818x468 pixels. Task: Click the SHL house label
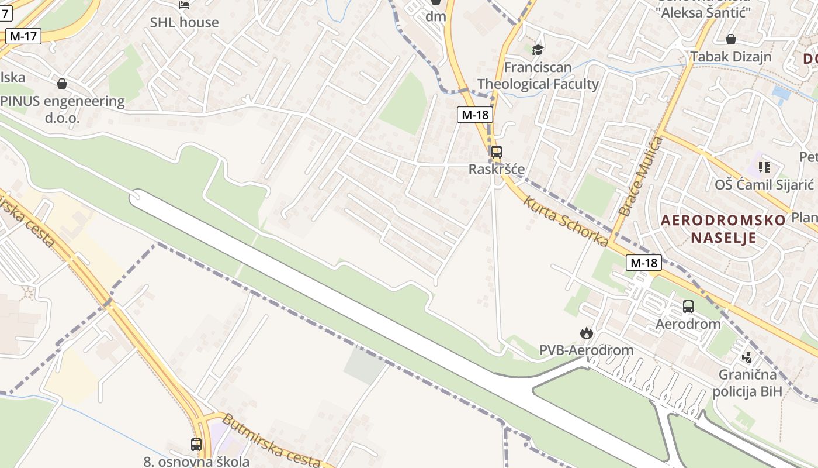coord(184,22)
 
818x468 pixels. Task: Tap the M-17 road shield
coord(23,36)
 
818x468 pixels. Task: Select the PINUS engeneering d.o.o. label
coord(62,109)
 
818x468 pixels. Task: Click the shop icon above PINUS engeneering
coord(62,84)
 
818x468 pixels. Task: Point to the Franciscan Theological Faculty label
coord(538,75)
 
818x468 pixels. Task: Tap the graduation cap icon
coord(538,50)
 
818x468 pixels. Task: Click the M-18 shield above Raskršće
coord(474,115)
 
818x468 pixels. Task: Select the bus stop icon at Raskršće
coord(496,152)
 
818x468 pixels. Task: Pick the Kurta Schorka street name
coord(566,221)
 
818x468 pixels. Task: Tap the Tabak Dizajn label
coord(730,57)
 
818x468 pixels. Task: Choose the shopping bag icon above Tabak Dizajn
coord(730,39)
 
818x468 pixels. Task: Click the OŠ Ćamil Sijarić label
coord(764,185)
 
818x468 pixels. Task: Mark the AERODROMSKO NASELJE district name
coord(723,229)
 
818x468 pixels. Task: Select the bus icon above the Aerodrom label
coord(688,306)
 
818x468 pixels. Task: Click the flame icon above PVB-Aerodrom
coord(586,333)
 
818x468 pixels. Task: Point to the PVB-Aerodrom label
coord(586,350)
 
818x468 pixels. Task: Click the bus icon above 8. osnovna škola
coord(196,444)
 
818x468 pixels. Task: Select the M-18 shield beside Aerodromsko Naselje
coord(644,263)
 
